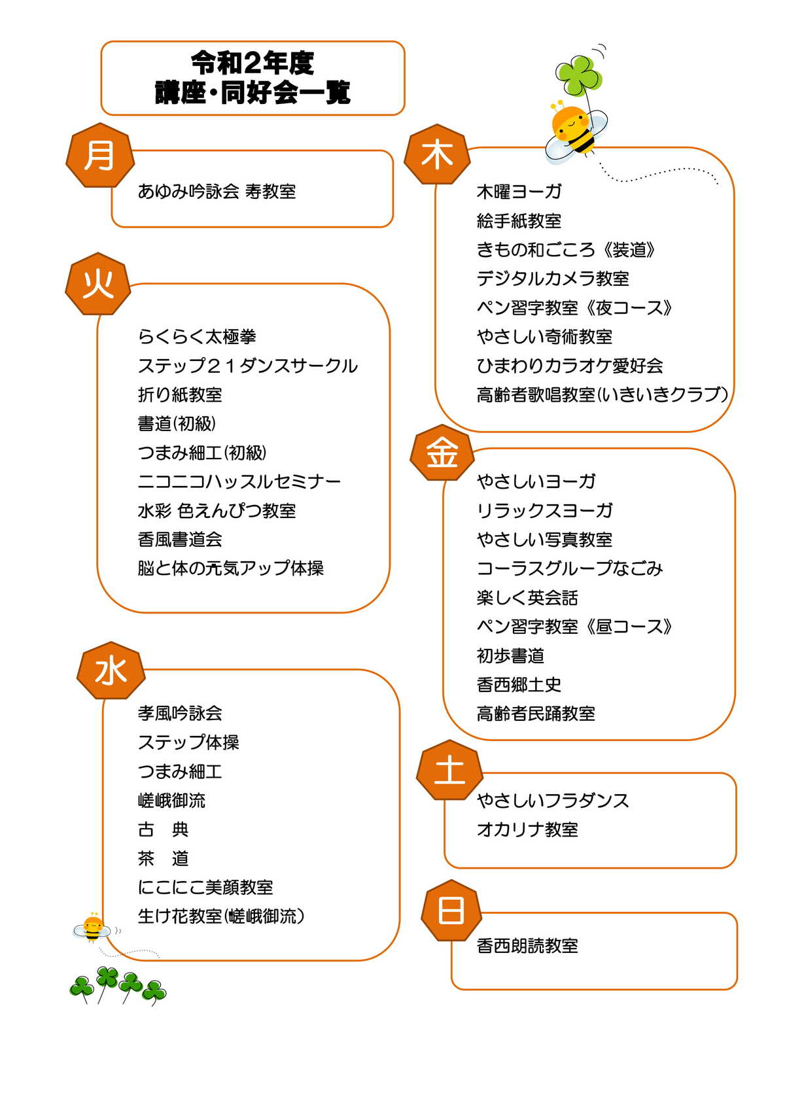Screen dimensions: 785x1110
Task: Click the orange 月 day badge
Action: [100, 155]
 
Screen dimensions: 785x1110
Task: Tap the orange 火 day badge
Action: [98, 284]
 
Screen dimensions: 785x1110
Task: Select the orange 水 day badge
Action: [111, 670]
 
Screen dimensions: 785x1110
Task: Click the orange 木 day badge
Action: [437, 154]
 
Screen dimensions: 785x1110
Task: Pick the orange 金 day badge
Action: [442, 453]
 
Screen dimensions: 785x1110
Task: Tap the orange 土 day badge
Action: [449, 770]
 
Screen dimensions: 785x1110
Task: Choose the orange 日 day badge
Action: [451, 911]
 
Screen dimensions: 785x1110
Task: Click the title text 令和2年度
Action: [253, 63]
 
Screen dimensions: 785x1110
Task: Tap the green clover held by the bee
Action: [579, 75]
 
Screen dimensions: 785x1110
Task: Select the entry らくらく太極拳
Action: [197, 337]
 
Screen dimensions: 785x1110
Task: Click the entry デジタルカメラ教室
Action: [553, 279]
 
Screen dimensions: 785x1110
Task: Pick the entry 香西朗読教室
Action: [527, 946]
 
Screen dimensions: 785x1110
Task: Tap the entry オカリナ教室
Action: [527, 829]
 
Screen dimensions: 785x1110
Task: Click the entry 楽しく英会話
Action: [527, 598]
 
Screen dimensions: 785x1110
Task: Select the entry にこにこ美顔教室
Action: [205, 888]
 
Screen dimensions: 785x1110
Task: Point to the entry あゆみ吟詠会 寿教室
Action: [217, 191]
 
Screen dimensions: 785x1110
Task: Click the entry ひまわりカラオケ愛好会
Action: [570, 366]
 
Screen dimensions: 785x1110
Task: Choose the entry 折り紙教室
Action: [180, 395]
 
